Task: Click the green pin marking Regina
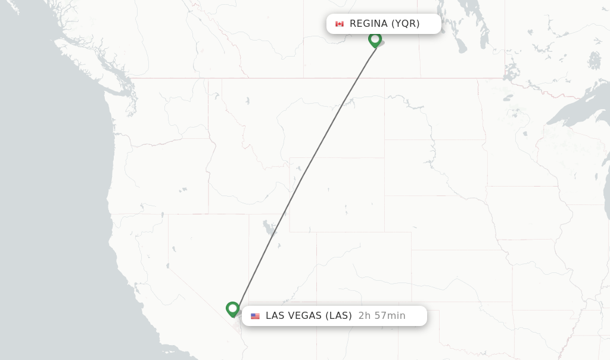coord(375,39)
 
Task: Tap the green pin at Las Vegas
coord(233,309)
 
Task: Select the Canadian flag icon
coord(340,24)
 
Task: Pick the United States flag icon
coord(255,316)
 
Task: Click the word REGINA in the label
coord(368,24)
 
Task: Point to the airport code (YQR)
coord(405,24)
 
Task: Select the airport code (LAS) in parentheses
coord(338,316)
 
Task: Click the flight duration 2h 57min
coord(382,316)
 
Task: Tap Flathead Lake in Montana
coord(247,100)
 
